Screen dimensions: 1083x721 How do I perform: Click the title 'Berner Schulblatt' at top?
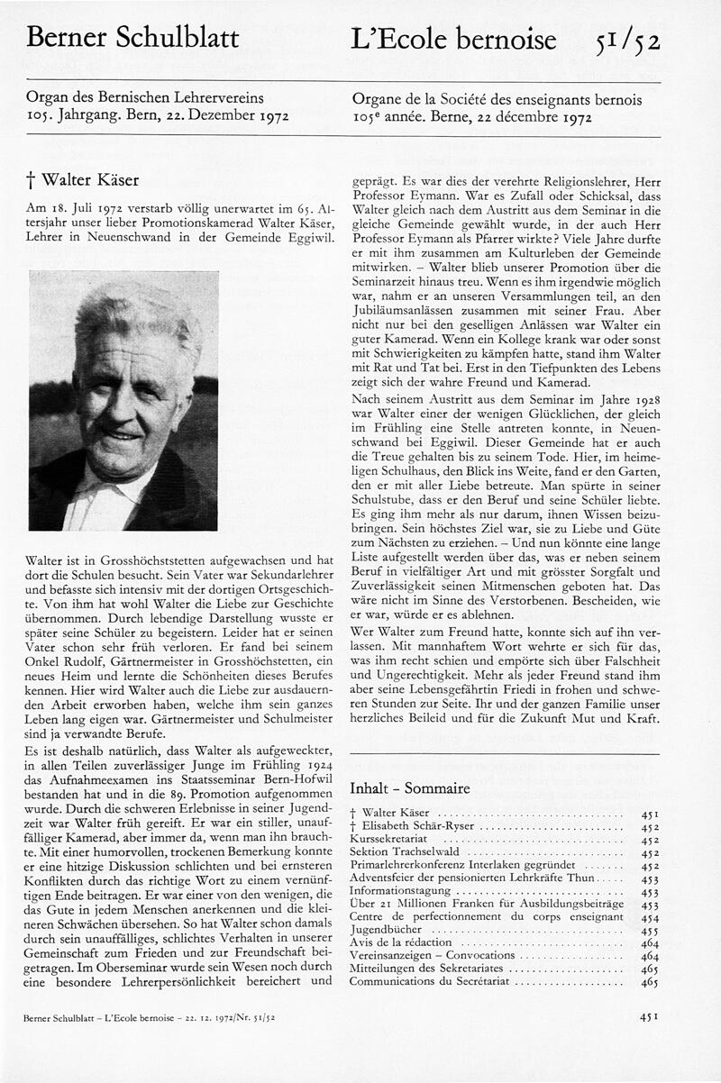[x=133, y=39]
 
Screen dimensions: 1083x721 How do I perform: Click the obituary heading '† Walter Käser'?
[x=84, y=180]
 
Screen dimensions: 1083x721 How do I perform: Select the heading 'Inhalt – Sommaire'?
[x=409, y=788]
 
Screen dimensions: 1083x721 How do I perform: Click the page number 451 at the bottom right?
[x=649, y=1016]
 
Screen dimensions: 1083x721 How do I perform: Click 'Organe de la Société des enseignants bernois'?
[x=495, y=100]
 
